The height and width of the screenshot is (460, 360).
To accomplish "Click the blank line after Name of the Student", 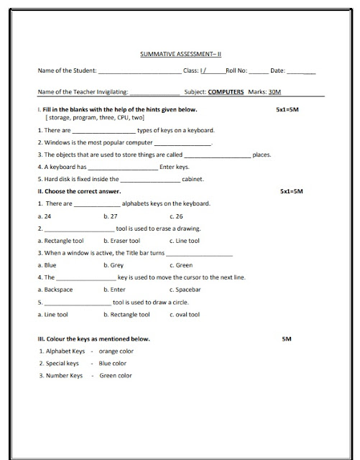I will (139, 71).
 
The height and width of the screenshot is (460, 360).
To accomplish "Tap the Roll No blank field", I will (259, 71).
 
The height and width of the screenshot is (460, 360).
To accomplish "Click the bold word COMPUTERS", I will (226, 92).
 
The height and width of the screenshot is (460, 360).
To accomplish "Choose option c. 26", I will (176, 216).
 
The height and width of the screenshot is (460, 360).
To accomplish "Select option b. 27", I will (110, 216).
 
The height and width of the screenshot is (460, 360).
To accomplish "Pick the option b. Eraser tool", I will (121, 241).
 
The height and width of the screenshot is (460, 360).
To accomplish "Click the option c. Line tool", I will (185, 241).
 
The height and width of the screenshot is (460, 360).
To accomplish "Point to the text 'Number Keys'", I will (65, 375).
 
